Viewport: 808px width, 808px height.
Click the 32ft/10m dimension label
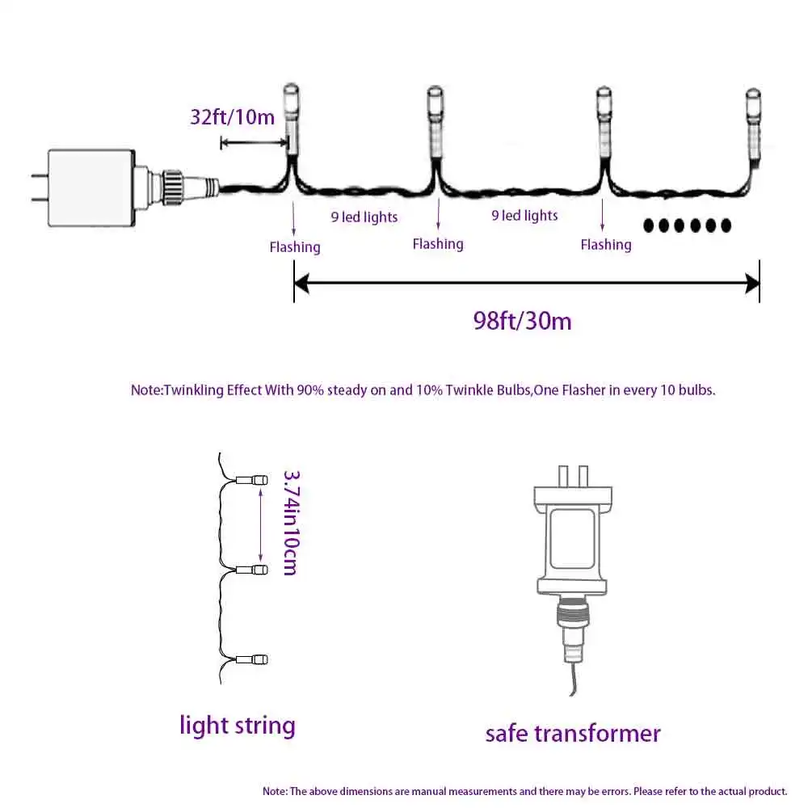pos(232,116)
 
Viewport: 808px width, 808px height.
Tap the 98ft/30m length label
pos(522,321)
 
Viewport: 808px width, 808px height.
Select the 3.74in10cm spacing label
pos(289,523)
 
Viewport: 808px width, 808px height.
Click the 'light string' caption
pos(237,725)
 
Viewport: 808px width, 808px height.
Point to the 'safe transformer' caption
pos(573,734)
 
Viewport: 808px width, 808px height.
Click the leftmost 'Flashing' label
pos(295,246)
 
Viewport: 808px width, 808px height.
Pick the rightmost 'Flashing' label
pos(606,244)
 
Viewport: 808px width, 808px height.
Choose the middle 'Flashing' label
pos(438,243)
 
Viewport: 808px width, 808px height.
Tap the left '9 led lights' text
pos(364,217)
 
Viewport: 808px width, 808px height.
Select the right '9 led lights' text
pos(525,216)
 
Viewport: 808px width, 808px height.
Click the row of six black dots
pos(687,225)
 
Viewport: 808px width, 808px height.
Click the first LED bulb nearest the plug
pos(291,121)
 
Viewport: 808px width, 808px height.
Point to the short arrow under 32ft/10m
pos(254,143)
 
